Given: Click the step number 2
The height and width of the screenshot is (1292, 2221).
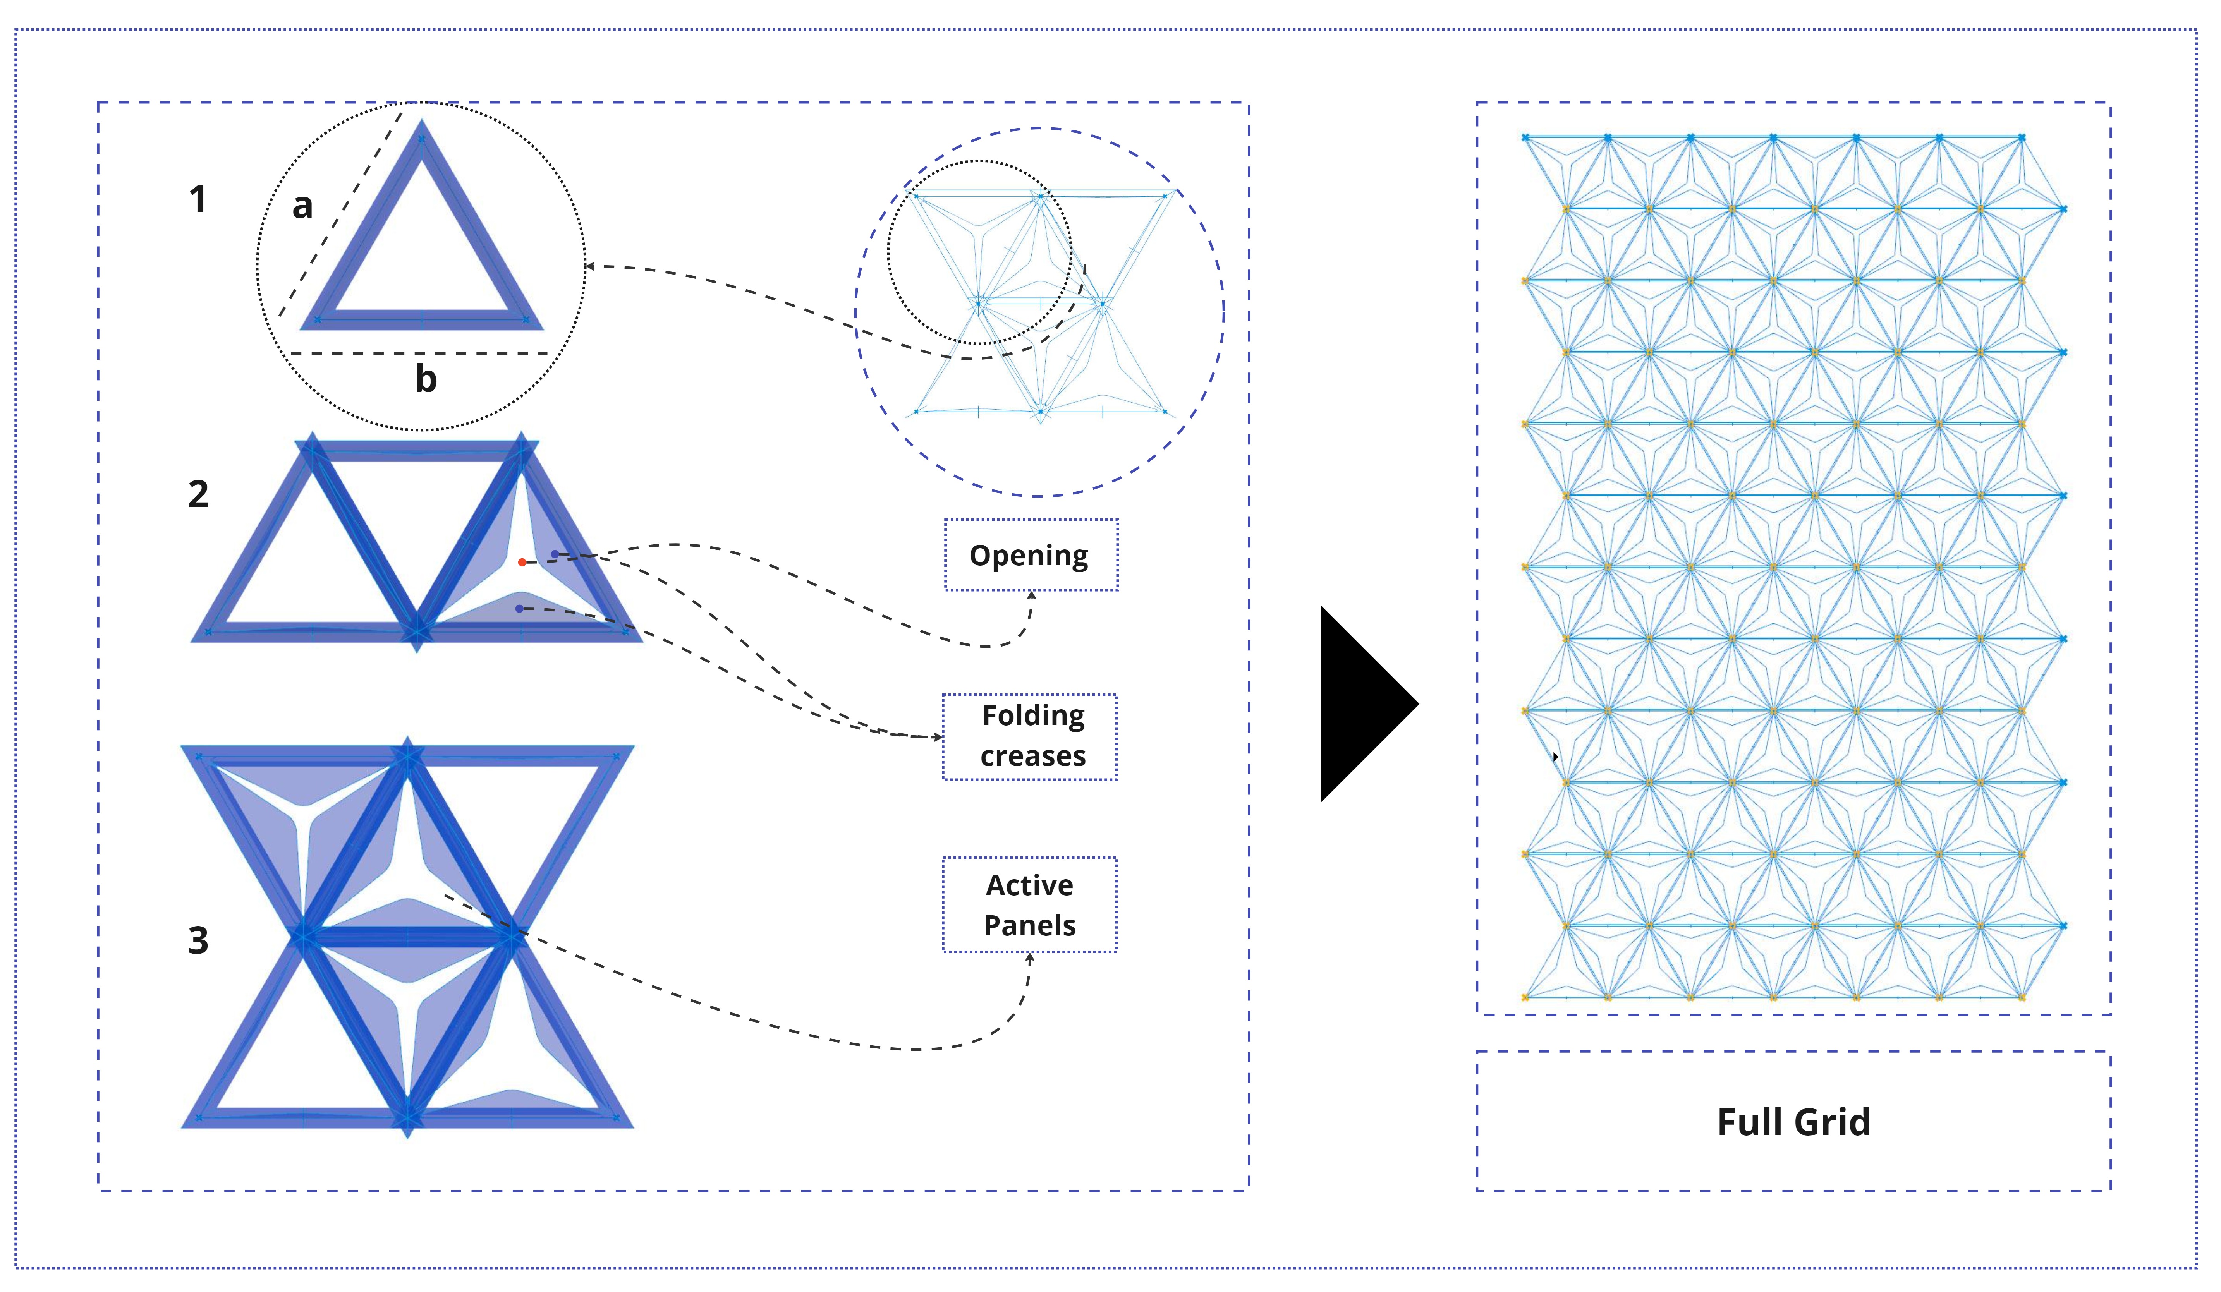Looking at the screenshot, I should [x=198, y=494].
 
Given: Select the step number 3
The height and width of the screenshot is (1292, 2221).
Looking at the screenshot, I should [x=198, y=940].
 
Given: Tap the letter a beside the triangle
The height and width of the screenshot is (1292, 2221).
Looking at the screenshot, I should [x=302, y=206].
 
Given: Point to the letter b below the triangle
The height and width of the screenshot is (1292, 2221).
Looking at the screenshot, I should [x=426, y=379].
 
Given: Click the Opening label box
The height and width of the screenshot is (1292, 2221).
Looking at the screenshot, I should [x=1030, y=555].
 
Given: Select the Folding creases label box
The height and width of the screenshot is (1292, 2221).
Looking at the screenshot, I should [x=1030, y=737].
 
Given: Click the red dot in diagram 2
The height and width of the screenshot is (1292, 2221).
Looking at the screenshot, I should [x=522, y=562].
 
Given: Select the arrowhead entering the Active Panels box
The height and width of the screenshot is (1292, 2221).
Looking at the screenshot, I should [x=1029, y=958].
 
